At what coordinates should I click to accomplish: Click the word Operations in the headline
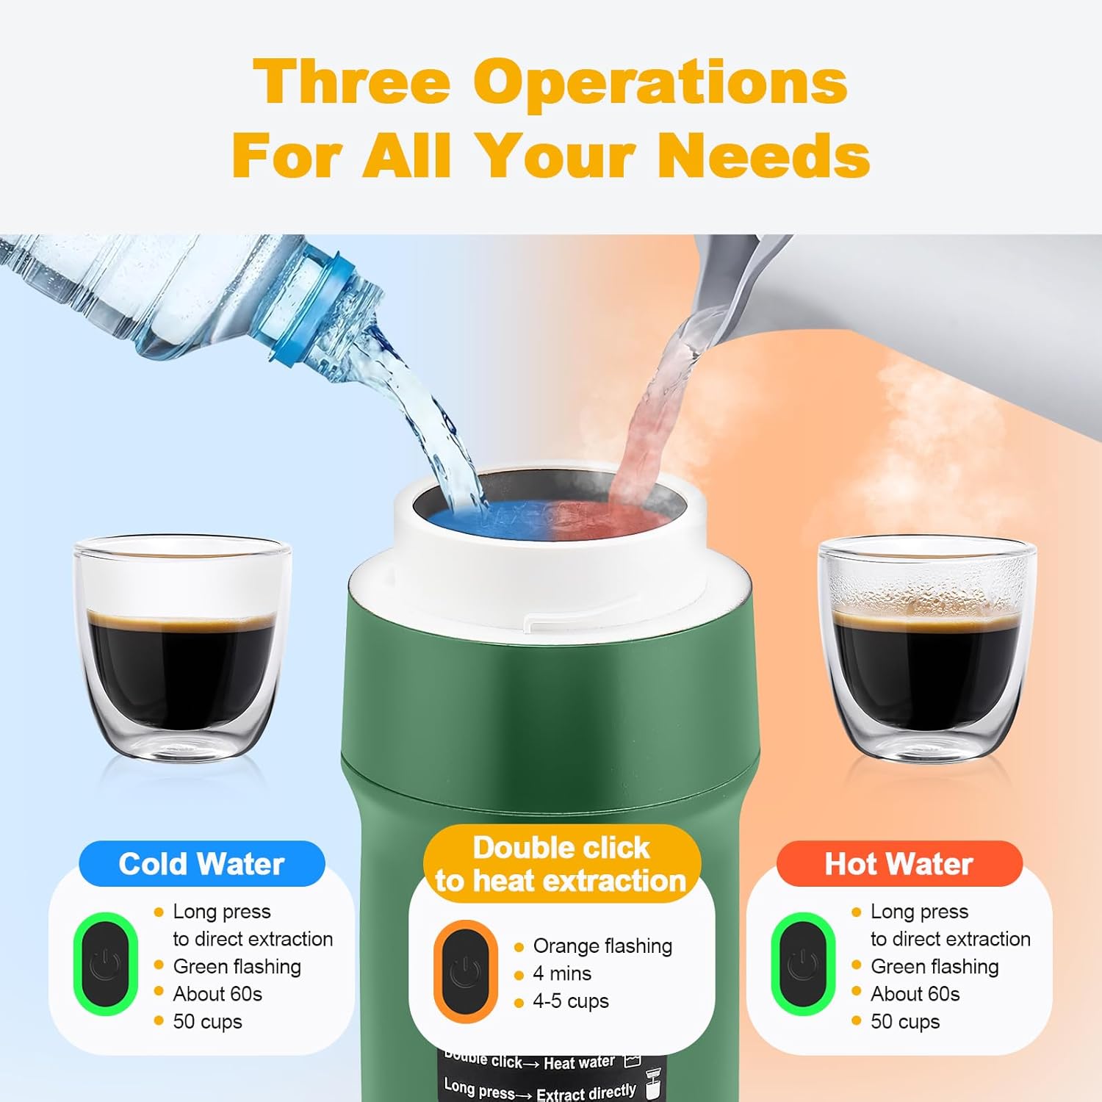[660, 81]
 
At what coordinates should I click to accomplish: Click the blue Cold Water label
[202, 864]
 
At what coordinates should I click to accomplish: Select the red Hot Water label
[899, 864]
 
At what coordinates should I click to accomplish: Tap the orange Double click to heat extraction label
[561, 864]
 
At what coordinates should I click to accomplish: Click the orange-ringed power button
[465, 970]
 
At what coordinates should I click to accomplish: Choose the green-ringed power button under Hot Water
[803, 964]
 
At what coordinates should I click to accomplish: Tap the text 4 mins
[562, 973]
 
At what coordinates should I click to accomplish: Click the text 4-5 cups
[571, 1001]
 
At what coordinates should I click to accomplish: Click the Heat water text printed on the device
[579, 1063]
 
